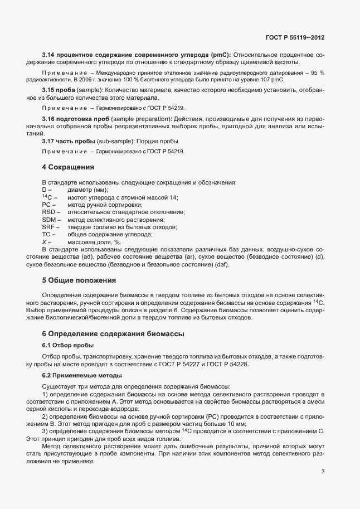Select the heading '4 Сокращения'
tap(68, 167)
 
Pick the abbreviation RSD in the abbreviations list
tap(49, 212)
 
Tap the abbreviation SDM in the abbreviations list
tap(50, 220)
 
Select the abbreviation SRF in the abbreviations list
tap(49, 227)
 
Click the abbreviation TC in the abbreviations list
tap(47, 235)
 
